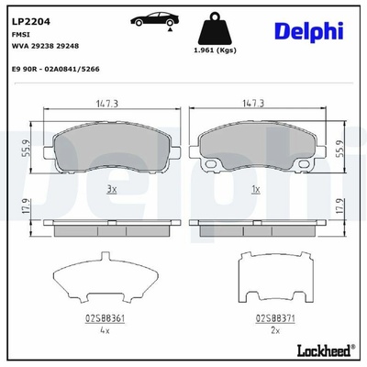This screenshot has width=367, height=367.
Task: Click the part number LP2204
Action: point(30,22)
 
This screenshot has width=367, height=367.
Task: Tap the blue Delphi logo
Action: point(309,31)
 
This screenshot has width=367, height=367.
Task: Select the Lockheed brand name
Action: point(325,350)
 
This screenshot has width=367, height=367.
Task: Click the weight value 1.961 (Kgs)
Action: point(215,50)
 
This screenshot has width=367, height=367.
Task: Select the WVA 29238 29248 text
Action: point(45,46)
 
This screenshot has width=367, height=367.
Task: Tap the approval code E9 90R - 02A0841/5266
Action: point(55,69)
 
